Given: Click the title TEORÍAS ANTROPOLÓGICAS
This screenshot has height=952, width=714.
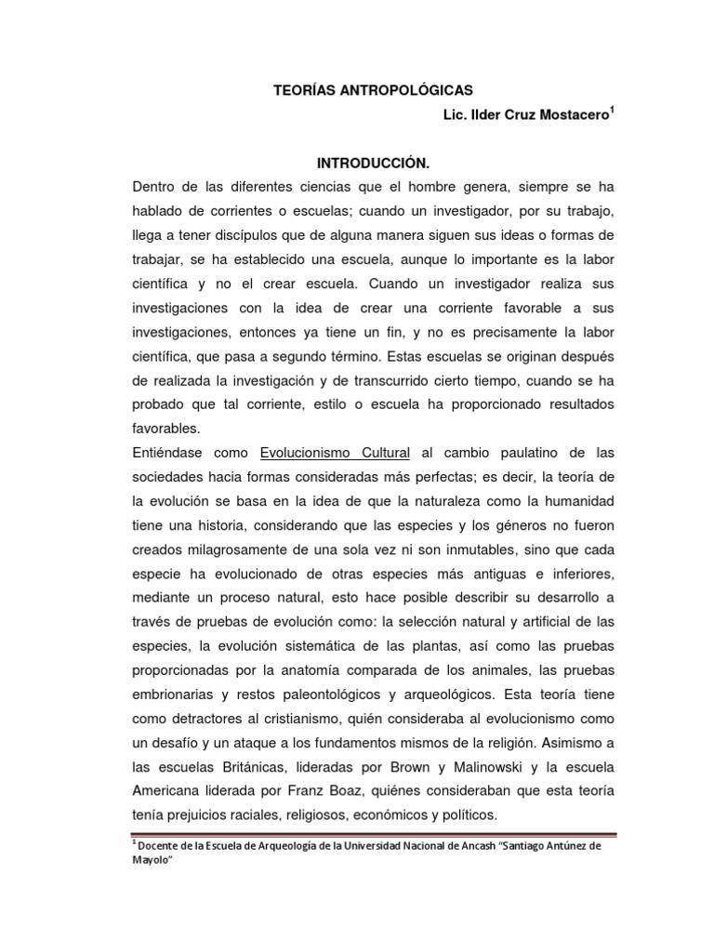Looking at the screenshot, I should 372,90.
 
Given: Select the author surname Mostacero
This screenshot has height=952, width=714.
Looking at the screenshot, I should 544,115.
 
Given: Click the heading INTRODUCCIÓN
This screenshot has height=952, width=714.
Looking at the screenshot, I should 372,163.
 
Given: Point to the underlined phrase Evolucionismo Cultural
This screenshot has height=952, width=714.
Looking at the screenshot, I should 335,453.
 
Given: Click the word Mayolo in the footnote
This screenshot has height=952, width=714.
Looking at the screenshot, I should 153,859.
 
